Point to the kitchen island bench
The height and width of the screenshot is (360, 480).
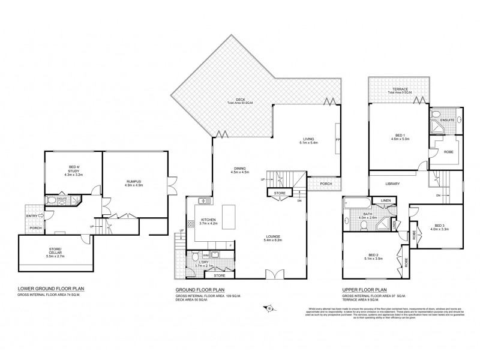229,215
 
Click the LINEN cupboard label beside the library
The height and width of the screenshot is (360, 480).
383,201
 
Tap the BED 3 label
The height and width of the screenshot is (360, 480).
440,226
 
